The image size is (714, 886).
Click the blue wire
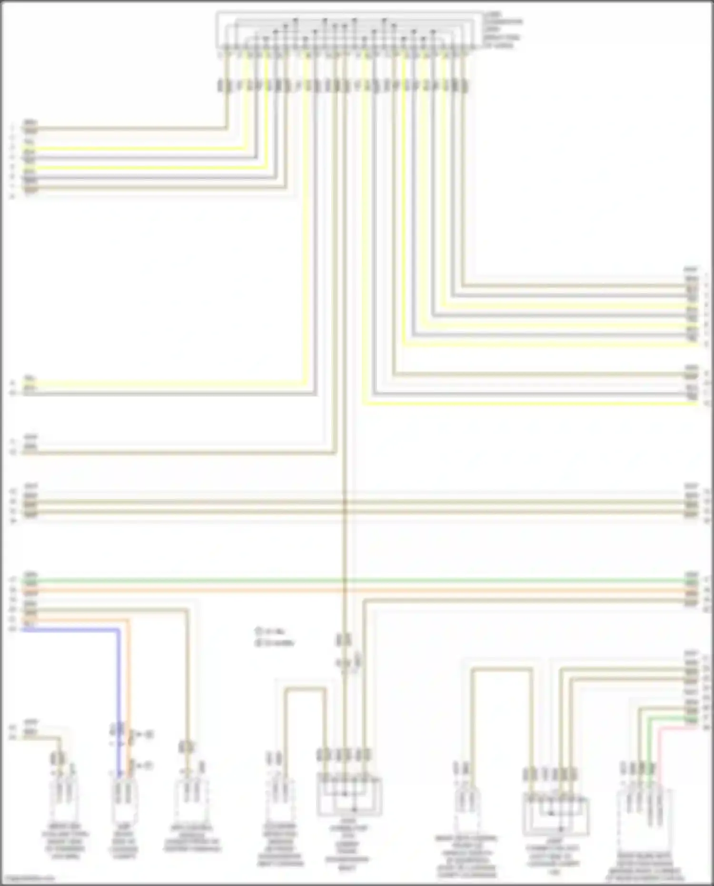click(x=71, y=629)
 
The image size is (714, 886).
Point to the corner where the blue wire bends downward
click(x=118, y=630)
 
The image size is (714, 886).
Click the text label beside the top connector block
click(x=502, y=30)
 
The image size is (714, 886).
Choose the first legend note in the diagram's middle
click(x=270, y=632)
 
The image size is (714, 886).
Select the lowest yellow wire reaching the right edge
click(x=524, y=404)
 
